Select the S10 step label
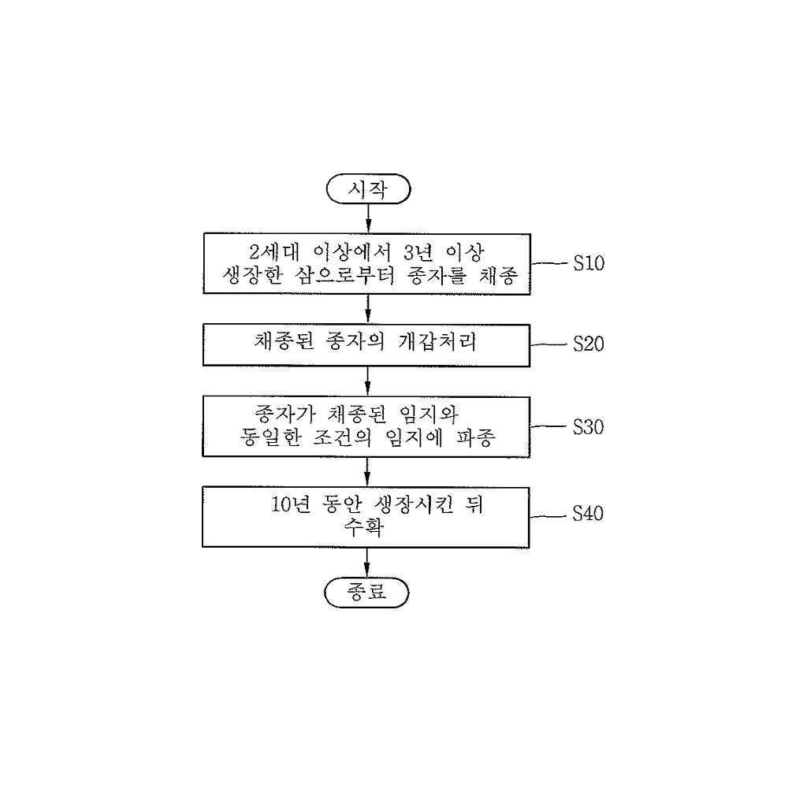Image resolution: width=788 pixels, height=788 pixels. (x=589, y=263)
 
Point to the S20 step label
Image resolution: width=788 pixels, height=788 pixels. (x=589, y=344)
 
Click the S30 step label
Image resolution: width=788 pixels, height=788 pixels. (x=589, y=426)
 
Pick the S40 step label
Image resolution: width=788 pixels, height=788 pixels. (x=588, y=514)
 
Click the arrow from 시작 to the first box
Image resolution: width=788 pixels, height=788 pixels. (x=368, y=218)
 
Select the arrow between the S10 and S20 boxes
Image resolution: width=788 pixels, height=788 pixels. (x=368, y=309)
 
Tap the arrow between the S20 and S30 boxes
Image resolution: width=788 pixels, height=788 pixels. (x=367, y=381)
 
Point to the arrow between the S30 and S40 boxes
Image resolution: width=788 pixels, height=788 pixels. (x=367, y=472)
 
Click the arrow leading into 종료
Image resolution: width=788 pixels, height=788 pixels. (x=366, y=563)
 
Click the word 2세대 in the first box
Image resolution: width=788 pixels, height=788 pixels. (x=274, y=252)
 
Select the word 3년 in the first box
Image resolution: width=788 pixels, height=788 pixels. (x=418, y=252)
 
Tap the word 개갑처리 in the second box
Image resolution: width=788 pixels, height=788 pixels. (x=437, y=342)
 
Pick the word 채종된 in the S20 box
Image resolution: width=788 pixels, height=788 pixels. (x=284, y=342)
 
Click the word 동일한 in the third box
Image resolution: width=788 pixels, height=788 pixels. (x=271, y=437)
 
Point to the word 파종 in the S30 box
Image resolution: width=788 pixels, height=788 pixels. (x=476, y=437)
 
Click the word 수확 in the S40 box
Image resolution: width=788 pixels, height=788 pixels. (x=364, y=527)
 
